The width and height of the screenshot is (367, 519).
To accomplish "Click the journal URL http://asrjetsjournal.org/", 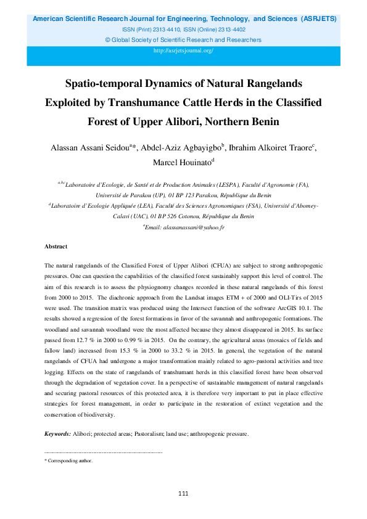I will [x=183, y=51].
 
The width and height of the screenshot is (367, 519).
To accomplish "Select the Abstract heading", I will [x=56, y=246].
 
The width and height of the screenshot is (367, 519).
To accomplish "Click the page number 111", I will [x=183, y=494].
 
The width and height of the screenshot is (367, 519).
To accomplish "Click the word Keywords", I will [x=57, y=434].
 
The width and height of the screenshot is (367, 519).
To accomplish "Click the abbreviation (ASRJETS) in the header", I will [x=318, y=19].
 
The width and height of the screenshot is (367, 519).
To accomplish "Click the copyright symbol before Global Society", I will [x=108, y=40].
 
